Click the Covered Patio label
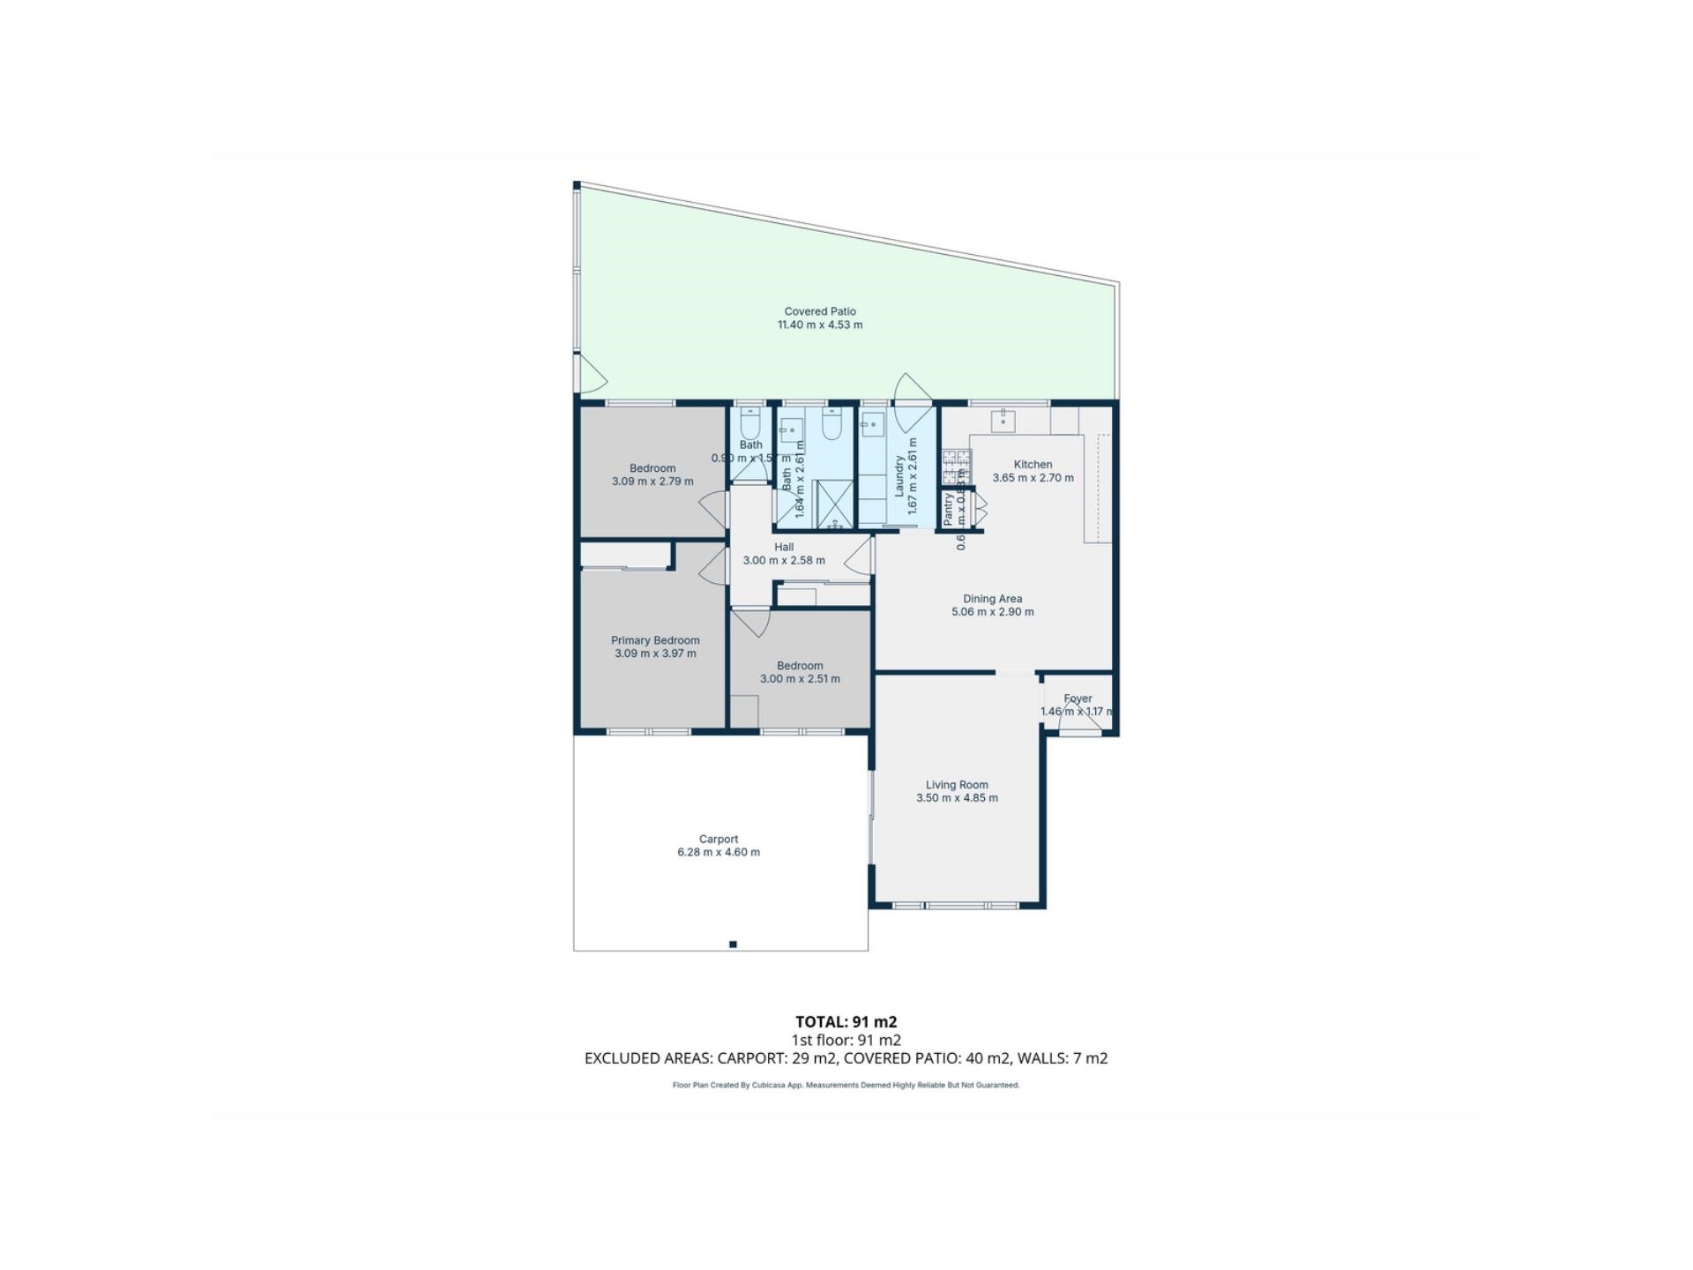point(819,311)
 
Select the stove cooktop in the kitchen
point(956,467)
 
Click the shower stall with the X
point(833,504)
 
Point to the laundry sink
point(872,423)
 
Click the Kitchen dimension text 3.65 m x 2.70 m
point(1033,478)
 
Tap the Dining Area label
point(992,599)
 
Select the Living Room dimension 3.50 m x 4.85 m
point(957,798)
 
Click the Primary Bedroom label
point(655,640)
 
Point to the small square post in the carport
point(733,945)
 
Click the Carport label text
point(718,839)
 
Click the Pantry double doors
point(980,509)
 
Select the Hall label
point(783,547)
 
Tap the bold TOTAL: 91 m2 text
point(846,1021)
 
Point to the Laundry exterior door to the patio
point(914,392)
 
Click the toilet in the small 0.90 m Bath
point(750,428)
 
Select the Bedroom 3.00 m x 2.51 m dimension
point(800,679)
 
